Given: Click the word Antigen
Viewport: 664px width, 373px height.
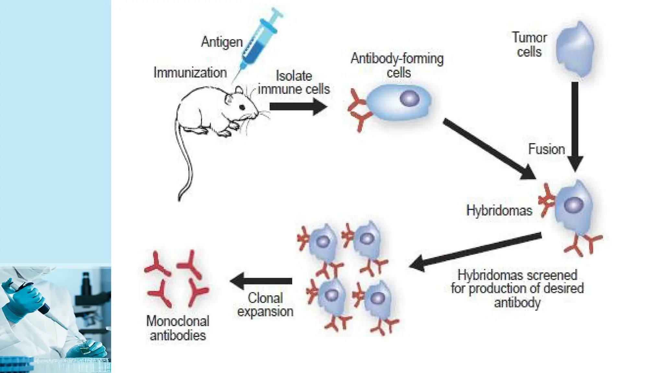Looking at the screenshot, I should [222, 42].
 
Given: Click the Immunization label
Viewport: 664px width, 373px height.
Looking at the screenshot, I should [190, 73].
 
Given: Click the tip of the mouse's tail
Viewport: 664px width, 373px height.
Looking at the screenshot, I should [179, 199].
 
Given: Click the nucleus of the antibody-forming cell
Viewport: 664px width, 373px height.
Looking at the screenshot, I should [409, 98].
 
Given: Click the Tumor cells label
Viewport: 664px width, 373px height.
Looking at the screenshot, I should [529, 45].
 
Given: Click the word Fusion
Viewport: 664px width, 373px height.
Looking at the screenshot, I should [546, 149].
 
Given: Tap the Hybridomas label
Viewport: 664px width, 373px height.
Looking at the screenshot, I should [499, 210].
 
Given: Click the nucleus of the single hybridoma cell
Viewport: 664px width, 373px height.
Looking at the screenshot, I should [573, 205].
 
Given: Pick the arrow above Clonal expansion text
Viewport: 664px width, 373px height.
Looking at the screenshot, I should [261, 281].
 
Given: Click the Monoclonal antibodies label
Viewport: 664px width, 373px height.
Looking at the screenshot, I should [178, 328].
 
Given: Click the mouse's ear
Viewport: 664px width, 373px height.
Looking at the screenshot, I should [239, 90].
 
